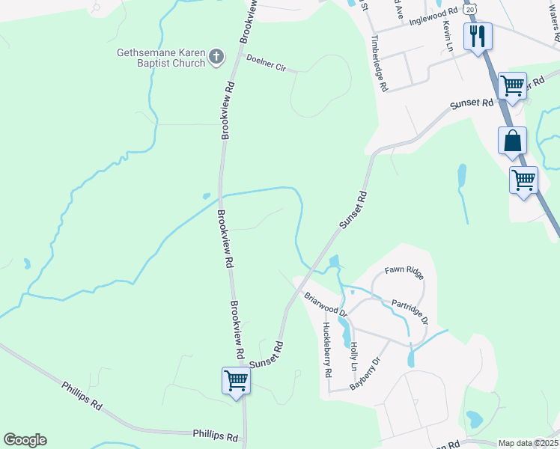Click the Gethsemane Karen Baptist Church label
point(160,58)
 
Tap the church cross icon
point(216,57)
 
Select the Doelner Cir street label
point(267,63)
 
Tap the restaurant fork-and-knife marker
point(477,36)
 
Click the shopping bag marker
point(512,140)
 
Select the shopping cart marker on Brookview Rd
point(236,380)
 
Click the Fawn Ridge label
point(404,269)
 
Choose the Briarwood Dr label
point(326,305)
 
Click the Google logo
point(25,440)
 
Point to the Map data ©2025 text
point(528,443)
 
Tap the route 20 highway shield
point(470,8)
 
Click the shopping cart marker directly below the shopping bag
point(523,180)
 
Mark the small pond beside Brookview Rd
point(206,197)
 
